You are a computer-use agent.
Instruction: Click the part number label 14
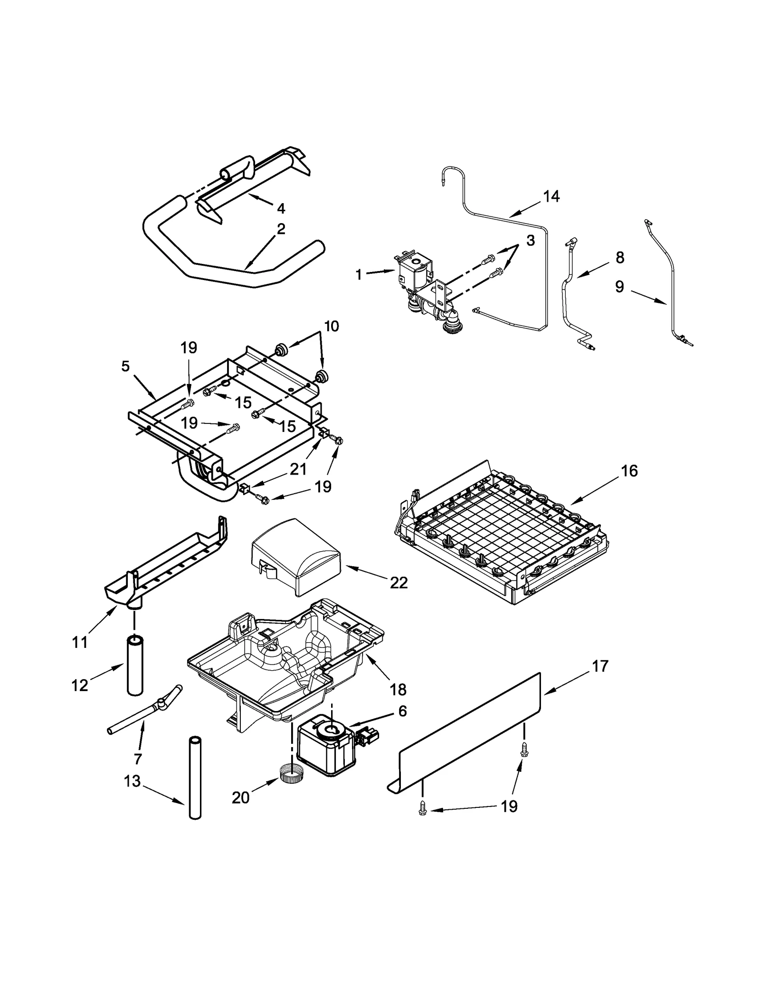tap(551, 196)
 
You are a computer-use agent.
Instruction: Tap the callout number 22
tap(399, 583)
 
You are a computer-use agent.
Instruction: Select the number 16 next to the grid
tap(629, 471)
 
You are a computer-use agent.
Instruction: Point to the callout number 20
tap(240, 798)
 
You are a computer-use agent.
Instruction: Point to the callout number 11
tap(80, 642)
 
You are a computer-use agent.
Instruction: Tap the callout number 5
tap(125, 366)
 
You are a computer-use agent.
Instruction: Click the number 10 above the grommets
tap(332, 326)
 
